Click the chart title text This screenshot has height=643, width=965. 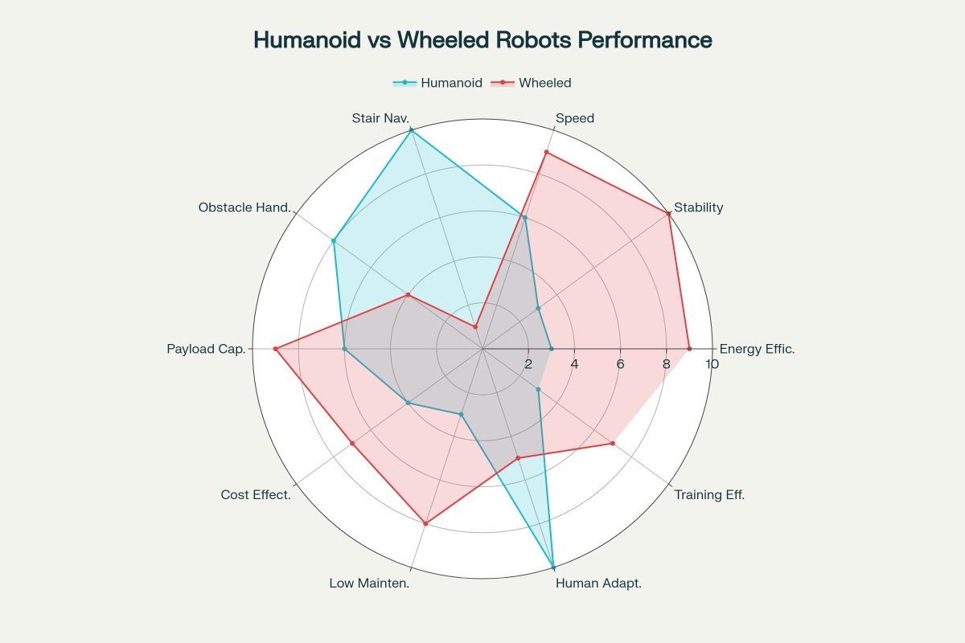(482, 40)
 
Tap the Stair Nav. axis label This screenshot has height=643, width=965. (380, 118)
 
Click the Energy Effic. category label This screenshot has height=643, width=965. (757, 349)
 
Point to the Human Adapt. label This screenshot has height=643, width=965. (598, 583)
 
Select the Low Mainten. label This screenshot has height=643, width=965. (369, 583)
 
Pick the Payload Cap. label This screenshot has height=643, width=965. (206, 349)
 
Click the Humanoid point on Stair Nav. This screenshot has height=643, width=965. (412, 130)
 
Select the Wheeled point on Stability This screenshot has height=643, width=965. (669, 213)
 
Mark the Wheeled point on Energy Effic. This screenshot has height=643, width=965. (689, 349)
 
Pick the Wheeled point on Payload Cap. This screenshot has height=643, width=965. (275, 349)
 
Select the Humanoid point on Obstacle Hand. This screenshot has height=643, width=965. (334, 240)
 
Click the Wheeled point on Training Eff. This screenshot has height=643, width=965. (613, 443)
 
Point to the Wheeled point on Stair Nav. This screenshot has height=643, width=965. (475, 327)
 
